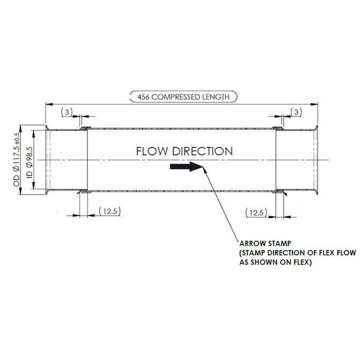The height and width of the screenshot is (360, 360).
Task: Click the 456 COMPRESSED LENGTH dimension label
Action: [x=183, y=97]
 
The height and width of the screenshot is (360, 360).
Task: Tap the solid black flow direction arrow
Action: [x=187, y=166]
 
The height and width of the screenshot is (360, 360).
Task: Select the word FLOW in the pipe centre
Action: [x=152, y=151]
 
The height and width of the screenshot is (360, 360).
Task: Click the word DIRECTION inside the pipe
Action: [x=202, y=151]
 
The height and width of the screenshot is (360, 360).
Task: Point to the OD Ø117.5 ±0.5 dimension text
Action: [x=17, y=159]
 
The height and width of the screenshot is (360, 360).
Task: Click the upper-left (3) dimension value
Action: [x=67, y=112]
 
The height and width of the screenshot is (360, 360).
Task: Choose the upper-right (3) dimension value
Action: [x=296, y=112]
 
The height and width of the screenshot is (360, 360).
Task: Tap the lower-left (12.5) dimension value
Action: [x=110, y=211]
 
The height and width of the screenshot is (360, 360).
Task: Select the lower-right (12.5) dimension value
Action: [x=256, y=213]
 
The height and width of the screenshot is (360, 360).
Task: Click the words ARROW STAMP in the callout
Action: [x=265, y=244]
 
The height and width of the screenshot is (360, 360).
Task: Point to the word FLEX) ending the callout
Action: [x=302, y=262]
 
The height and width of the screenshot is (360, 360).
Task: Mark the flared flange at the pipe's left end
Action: [x=47, y=160]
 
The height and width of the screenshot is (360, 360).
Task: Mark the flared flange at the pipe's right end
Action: [x=316, y=160]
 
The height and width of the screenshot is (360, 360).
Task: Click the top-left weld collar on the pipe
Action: [x=85, y=128]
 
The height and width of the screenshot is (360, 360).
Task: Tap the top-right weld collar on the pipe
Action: [x=277, y=128]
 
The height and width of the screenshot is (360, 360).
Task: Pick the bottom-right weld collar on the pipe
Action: [x=279, y=191]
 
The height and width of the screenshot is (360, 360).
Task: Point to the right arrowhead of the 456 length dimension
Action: [x=314, y=104]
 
